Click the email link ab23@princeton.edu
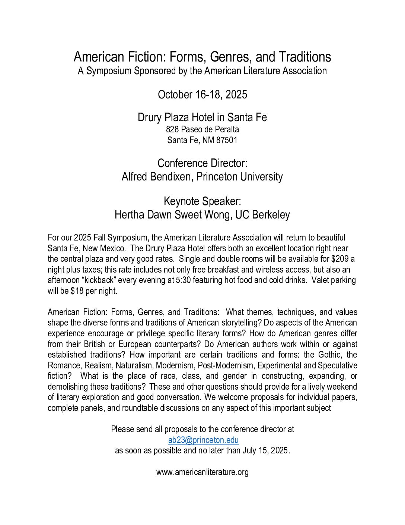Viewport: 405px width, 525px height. pyautogui.click(x=203, y=440)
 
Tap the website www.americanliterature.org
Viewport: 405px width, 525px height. pyautogui.click(x=202, y=472)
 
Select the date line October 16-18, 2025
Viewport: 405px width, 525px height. pyautogui.click(x=202, y=95)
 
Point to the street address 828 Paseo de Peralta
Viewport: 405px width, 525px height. pyautogui.click(x=202, y=129)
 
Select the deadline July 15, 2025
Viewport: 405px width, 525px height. pyautogui.click(x=265, y=450)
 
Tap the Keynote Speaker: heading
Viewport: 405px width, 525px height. pyautogui.click(x=202, y=201)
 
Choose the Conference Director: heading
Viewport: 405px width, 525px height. pyautogui.click(x=202, y=163)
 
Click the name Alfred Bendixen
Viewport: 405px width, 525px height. pyautogui.click(x=156, y=177)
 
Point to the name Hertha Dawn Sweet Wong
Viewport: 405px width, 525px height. pyautogui.click(x=172, y=215)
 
